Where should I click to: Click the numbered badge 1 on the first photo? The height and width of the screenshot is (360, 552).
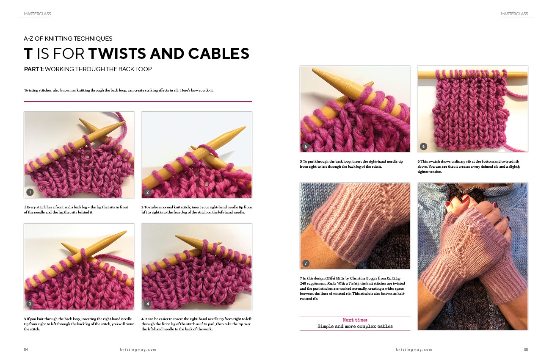30,192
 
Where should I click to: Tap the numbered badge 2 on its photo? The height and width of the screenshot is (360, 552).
148,192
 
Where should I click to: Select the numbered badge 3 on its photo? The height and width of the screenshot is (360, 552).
30,304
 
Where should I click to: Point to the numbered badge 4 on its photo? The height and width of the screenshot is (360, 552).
148,304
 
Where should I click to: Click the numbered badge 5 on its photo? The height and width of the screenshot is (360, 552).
306,146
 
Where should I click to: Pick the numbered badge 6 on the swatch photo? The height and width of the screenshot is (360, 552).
423,146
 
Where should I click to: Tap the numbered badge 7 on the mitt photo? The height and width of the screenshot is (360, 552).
306,263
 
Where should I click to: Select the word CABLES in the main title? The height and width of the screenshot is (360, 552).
219,53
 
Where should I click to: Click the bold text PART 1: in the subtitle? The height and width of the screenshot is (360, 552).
34,69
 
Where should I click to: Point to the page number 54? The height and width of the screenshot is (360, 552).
26,349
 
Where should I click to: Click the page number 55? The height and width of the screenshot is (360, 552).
526,349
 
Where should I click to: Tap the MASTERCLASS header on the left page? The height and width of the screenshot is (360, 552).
37,14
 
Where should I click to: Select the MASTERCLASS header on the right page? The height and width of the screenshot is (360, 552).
515,14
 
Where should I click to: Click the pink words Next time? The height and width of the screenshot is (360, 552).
355,320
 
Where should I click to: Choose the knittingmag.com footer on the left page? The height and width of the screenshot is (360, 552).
138,349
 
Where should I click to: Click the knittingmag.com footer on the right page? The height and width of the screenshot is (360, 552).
414,349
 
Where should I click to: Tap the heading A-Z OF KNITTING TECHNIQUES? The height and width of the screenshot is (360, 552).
68,39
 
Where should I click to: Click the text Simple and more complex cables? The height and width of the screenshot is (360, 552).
355,326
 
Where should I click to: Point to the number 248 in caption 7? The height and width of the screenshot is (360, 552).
303,283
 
